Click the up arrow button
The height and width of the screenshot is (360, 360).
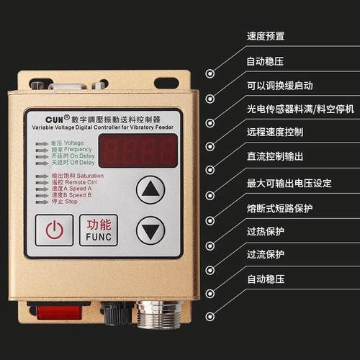pos(150,191)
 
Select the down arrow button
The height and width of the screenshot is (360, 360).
pos(150,231)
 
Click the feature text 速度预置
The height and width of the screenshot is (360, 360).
pos(265,36)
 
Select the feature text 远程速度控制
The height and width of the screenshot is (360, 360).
pos(274,132)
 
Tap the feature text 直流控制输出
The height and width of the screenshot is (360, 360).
pos(274,156)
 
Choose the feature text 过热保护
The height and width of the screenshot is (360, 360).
pos(265,230)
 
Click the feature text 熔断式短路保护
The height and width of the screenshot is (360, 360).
pos(279,207)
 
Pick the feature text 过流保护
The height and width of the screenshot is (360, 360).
pos(265,254)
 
